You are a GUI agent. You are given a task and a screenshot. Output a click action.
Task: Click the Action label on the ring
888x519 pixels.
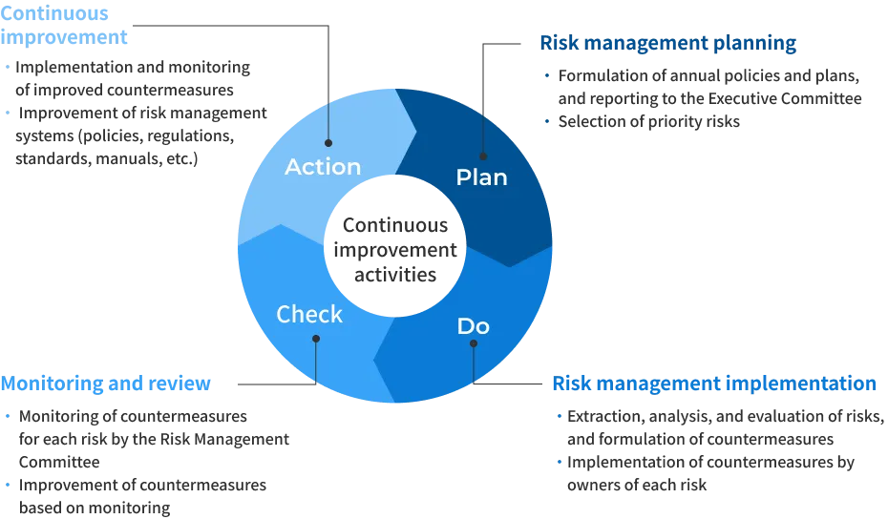(x=323, y=166)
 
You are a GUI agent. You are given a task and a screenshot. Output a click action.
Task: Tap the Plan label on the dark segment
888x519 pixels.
(x=481, y=177)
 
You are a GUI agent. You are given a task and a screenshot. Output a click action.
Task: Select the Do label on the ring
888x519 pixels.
(x=473, y=326)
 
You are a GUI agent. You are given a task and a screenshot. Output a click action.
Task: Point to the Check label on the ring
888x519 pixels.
(x=309, y=314)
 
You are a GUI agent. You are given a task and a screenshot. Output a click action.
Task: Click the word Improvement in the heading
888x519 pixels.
(x=65, y=38)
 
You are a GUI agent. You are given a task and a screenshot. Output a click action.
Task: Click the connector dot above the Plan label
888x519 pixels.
(x=482, y=156)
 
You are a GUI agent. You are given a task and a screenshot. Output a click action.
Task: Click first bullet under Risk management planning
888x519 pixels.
(x=546, y=75)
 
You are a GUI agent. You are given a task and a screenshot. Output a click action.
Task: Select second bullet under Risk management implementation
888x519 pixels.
(x=560, y=463)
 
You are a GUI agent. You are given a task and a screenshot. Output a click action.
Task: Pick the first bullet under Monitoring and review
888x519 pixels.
(x=8, y=418)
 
